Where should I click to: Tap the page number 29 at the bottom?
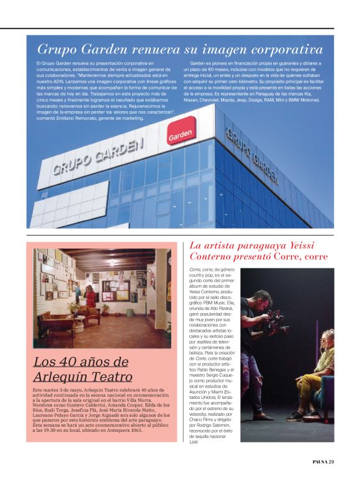331,461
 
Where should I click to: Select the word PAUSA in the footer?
319,461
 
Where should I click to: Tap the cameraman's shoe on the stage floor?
263,417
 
